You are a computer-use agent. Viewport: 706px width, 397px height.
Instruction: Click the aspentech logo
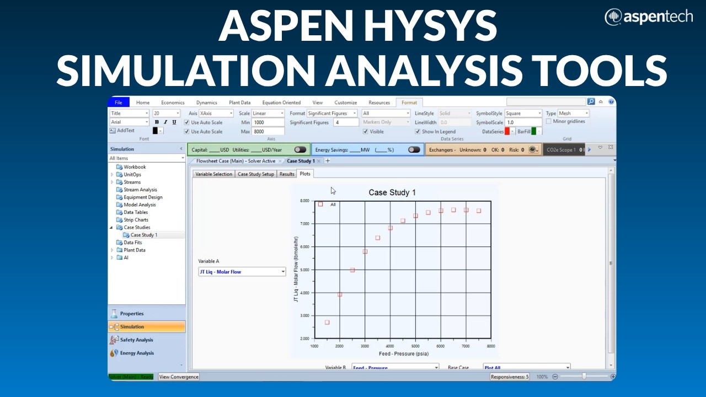pyautogui.click(x=649, y=17)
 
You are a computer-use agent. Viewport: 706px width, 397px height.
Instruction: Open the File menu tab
pyautogui.click(x=119, y=103)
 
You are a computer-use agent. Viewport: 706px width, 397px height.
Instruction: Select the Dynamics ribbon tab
pyautogui.click(x=207, y=103)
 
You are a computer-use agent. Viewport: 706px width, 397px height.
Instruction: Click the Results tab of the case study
pyautogui.click(x=287, y=174)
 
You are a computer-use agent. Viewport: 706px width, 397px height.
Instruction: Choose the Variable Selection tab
pyautogui.click(x=214, y=174)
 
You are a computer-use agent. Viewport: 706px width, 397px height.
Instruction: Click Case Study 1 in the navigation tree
pyautogui.click(x=143, y=235)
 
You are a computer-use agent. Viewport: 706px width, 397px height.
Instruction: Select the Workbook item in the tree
pyautogui.click(x=135, y=167)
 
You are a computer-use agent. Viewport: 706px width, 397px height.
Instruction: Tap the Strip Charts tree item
pyautogui.click(x=136, y=220)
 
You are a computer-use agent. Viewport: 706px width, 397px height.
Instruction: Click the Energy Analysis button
pyautogui.click(x=137, y=353)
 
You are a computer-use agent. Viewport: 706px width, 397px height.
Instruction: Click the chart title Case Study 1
pyautogui.click(x=392, y=192)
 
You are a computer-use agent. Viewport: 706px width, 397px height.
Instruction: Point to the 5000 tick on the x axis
pyautogui.click(x=415, y=346)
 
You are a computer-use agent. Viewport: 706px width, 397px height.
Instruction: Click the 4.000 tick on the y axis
pyautogui.click(x=304, y=293)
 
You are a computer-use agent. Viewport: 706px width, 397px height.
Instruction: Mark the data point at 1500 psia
pyautogui.click(x=327, y=323)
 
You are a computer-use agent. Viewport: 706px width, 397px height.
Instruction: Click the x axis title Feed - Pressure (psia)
pyautogui.click(x=403, y=353)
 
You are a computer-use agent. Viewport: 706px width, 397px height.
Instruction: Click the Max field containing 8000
pyautogui.click(x=268, y=132)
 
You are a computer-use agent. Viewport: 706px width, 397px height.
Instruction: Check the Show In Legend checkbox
pyautogui.click(x=418, y=132)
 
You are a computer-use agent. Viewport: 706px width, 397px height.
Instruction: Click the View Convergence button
pyautogui.click(x=179, y=377)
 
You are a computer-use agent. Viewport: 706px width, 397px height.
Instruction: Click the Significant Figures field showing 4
pyautogui.click(x=345, y=122)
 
